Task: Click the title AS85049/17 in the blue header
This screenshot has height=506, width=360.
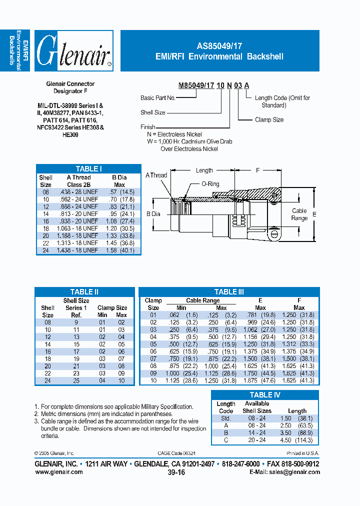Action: click(x=219, y=44)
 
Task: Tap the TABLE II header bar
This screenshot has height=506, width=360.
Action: click(x=84, y=292)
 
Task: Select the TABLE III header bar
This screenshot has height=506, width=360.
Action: click(x=228, y=292)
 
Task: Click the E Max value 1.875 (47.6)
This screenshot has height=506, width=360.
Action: click(x=260, y=380)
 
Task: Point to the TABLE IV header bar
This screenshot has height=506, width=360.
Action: click(x=264, y=395)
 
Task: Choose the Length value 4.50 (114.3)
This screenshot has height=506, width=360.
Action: click(x=297, y=440)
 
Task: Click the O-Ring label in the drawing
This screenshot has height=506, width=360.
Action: click(x=210, y=184)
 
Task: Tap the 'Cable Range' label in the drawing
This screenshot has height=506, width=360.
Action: click(x=299, y=214)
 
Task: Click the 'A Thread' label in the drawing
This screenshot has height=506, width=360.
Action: click(x=156, y=175)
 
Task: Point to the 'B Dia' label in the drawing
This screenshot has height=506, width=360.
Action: click(x=153, y=214)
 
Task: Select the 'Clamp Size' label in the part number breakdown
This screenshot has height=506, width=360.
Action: click(x=269, y=120)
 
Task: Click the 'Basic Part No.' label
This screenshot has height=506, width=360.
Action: click(x=157, y=98)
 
